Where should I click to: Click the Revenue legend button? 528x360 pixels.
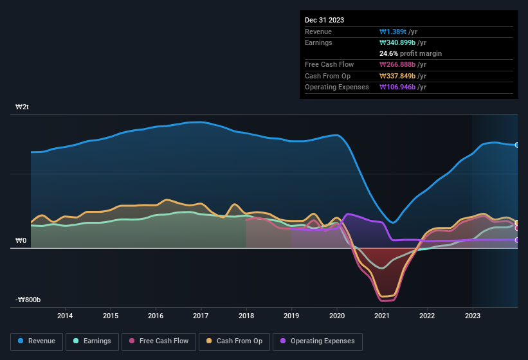tap(37, 341)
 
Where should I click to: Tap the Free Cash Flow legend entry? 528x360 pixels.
tap(158, 341)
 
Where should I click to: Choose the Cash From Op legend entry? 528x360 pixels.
tap(233, 341)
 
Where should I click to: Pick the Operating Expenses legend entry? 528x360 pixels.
tap(317, 341)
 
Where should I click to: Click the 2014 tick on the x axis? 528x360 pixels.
tap(65, 316)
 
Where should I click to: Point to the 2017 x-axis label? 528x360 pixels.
tap(201, 316)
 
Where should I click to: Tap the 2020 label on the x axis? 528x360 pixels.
tap(336, 316)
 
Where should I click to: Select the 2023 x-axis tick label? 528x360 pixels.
tap(473, 316)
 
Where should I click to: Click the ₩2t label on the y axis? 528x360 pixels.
tap(22, 107)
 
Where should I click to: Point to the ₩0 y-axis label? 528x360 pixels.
tap(21, 241)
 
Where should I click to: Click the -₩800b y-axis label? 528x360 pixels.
tap(28, 300)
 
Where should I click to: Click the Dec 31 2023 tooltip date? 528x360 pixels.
tap(324, 20)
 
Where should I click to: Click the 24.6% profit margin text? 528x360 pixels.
tap(410, 53)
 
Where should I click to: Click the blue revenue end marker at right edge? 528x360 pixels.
tap(517, 145)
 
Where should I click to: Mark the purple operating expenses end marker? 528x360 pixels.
tap(517, 240)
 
